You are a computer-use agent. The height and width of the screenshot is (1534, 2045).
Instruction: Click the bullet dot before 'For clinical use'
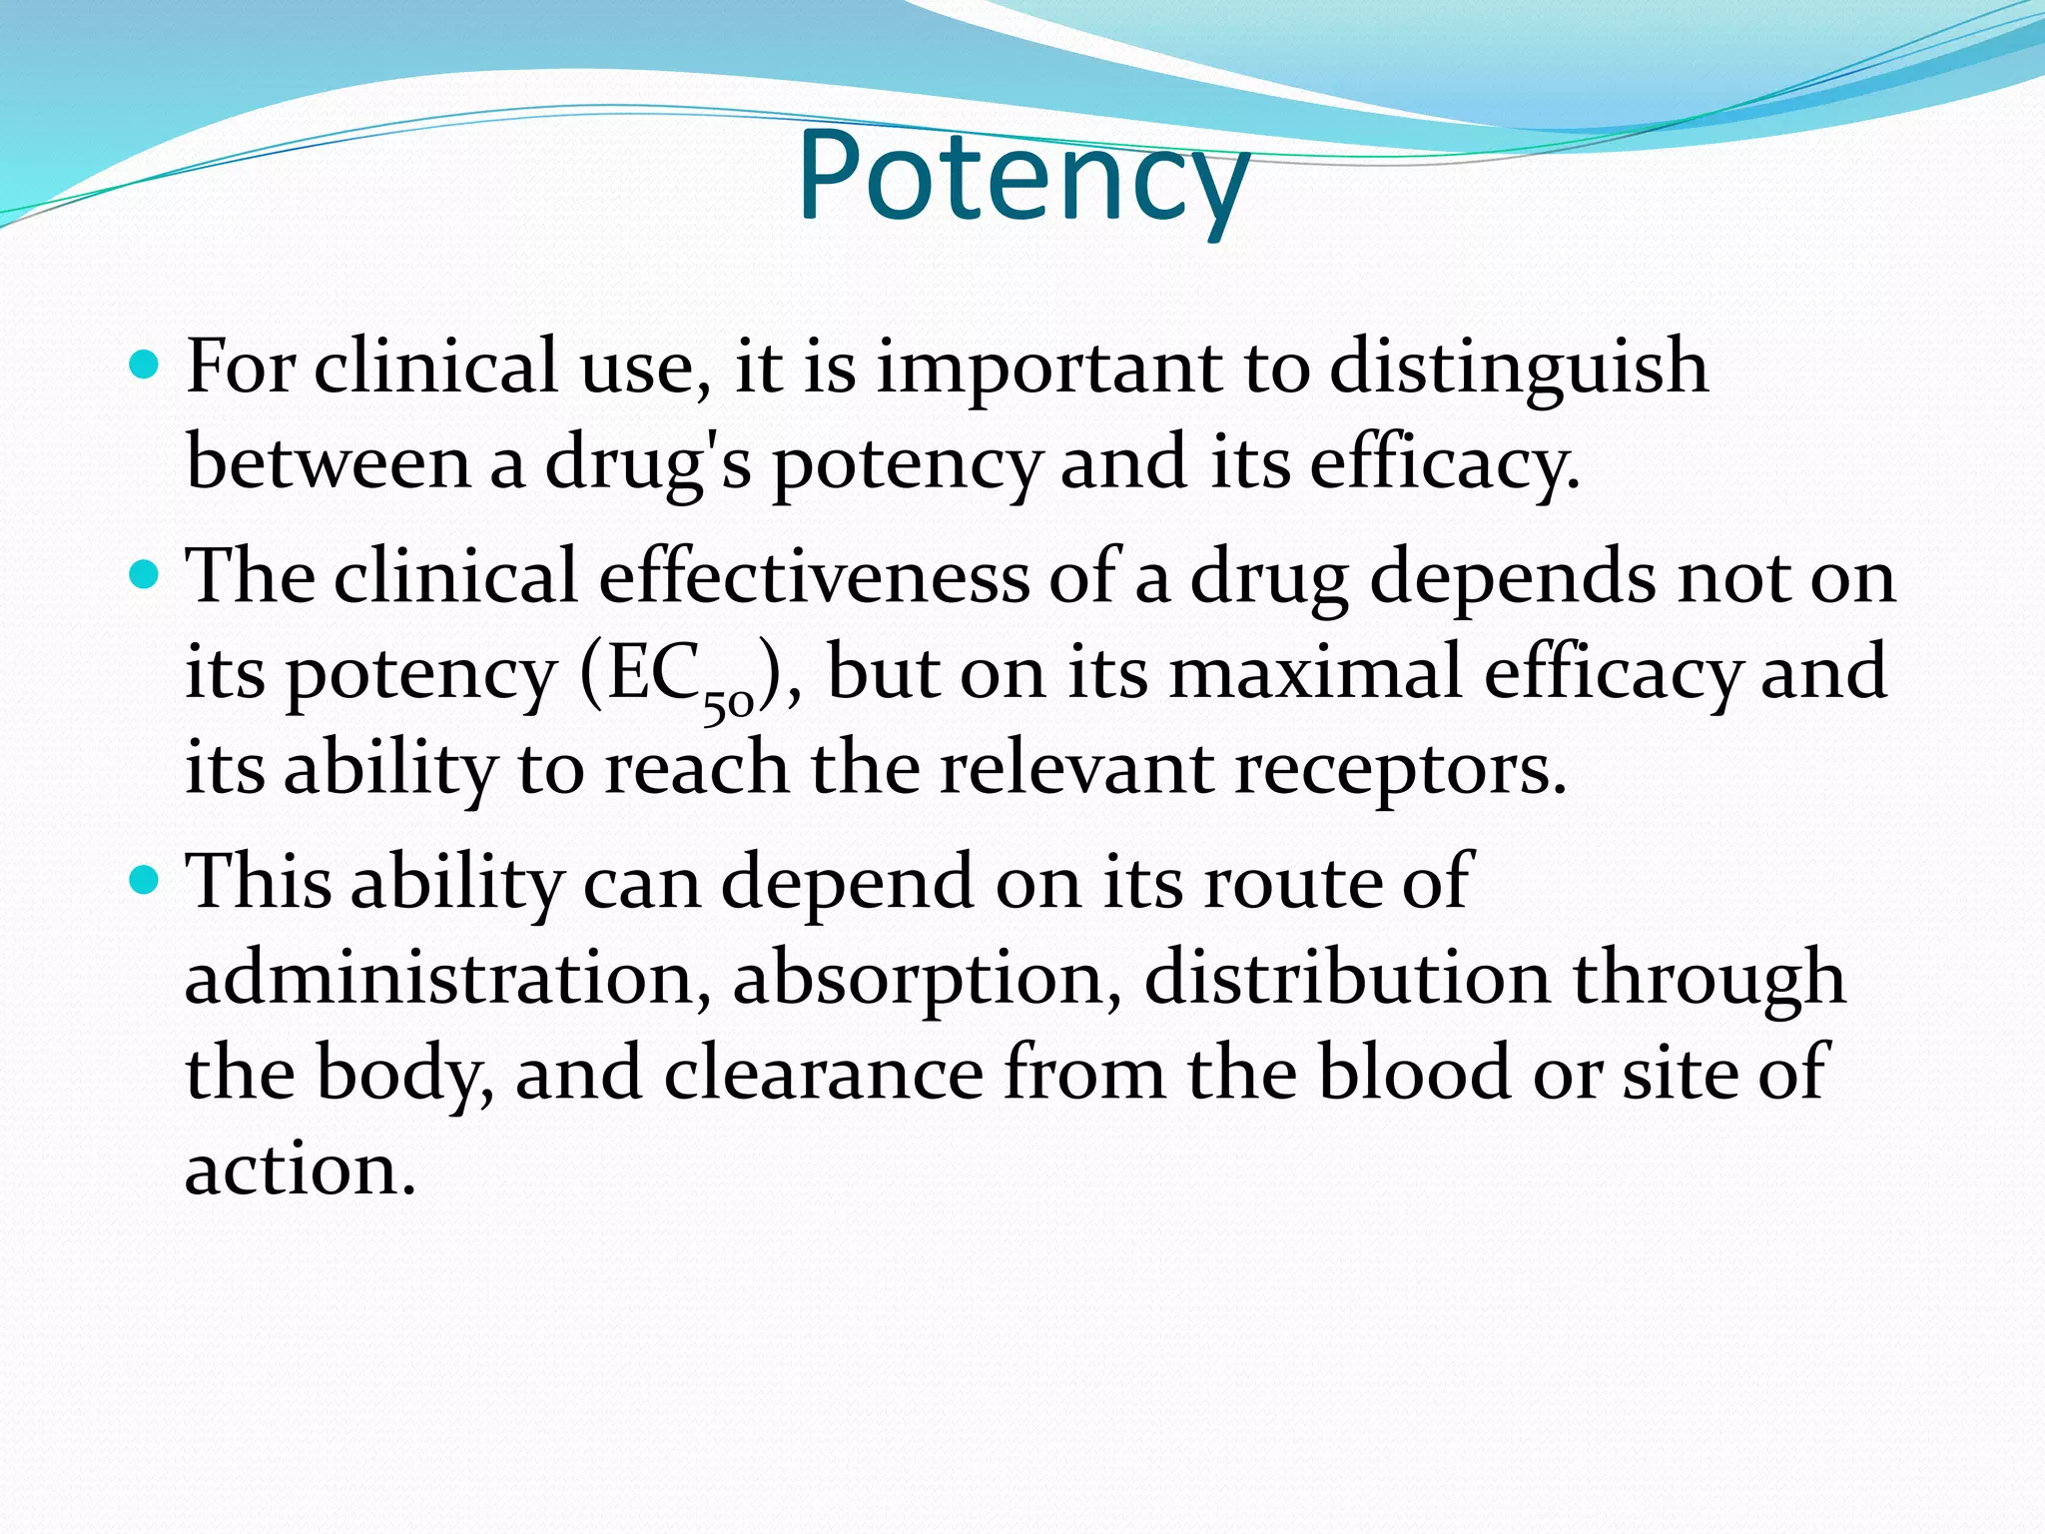pyautogui.click(x=146, y=366)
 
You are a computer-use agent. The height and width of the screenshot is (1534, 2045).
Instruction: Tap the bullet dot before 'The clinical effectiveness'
pyautogui.click(x=146, y=576)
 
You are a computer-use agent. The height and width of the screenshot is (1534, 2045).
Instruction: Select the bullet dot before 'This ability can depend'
pyautogui.click(x=146, y=881)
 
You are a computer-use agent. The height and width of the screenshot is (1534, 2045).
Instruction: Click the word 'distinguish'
pyautogui.click(x=1518, y=368)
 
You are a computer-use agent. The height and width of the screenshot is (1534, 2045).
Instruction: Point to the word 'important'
pyautogui.click(x=1048, y=368)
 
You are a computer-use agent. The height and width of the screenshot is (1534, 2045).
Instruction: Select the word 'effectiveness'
pyautogui.click(x=813, y=577)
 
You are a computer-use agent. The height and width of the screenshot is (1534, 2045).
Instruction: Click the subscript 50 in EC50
pyautogui.click(x=727, y=705)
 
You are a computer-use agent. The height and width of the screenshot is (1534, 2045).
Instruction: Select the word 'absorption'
pyautogui.click(x=928, y=980)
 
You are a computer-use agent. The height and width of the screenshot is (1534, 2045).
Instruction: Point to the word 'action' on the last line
pyautogui.click(x=299, y=1168)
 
